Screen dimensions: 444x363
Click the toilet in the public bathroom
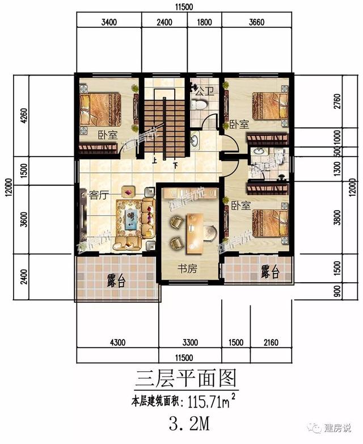[x=199, y=104]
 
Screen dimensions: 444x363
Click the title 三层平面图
[x=185, y=379]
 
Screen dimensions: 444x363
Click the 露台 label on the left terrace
[x=116, y=281]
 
